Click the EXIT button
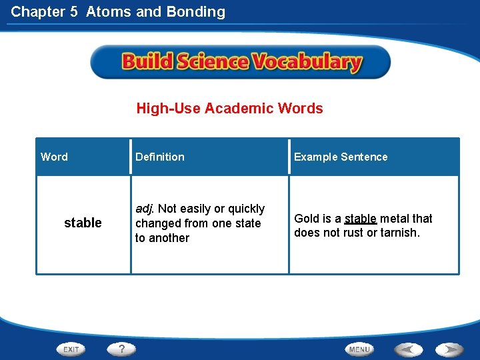pyautogui.click(x=71, y=349)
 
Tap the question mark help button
pyautogui.click(x=122, y=349)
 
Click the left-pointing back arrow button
pyautogui.click(x=408, y=349)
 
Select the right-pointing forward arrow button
pyautogui.click(x=450, y=349)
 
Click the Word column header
pyautogui.click(x=54, y=157)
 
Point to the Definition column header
pyautogui.click(x=160, y=157)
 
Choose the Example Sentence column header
pyautogui.click(x=341, y=157)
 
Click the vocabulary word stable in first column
pyautogui.click(x=83, y=223)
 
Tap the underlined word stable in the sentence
pyautogui.click(x=361, y=219)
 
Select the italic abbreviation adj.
pyautogui.click(x=144, y=209)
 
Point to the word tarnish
pyautogui.click(x=399, y=233)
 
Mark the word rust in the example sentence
pyautogui.click(x=353, y=233)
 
